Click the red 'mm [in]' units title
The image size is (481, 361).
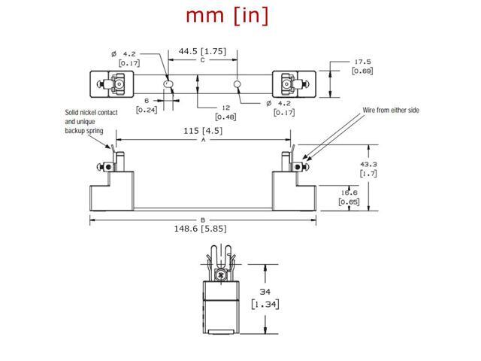pyautogui.click(x=227, y=15)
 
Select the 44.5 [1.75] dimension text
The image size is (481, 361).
pyautogui.click(x=202, y=51)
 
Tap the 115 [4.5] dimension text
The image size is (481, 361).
pyautogui.click(x=203, y=131)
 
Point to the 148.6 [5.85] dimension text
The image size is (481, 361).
pyautogui.click(x=201, y=229)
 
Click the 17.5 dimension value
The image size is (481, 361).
pyautogui.click(x=362, y=62)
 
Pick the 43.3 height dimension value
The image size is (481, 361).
pyautogui.click(x=368, y=164)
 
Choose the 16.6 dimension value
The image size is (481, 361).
pyautogui.click(x=349, y=193)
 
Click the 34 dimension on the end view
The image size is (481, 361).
pyautogui.click(x=265, y=291)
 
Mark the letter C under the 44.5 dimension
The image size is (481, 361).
pyautogui.click(x=202, y=60)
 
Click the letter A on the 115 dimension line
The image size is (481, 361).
pyautogui.click(x=203, y=140)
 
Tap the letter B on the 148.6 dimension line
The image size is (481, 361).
pyautogui.click(x=203, y=220)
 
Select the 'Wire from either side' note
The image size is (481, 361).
pyautogui.click(x=391, y=110)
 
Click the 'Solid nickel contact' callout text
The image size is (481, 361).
pyautogui.click(x=91, y=112)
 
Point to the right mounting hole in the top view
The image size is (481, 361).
pyautogui.click(x=237, y=84)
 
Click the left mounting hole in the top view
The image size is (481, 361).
pyautogui.click(x=168, y=84)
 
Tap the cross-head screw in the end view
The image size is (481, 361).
pyautogui.click(x=220, y=275)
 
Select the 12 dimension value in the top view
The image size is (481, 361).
pyautogui.click(x=225, y=108)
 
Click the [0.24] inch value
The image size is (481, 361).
pyautogui.click(x=147, y=110)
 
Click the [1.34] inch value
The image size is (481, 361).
pyautogui.click(x=265, y=304)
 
